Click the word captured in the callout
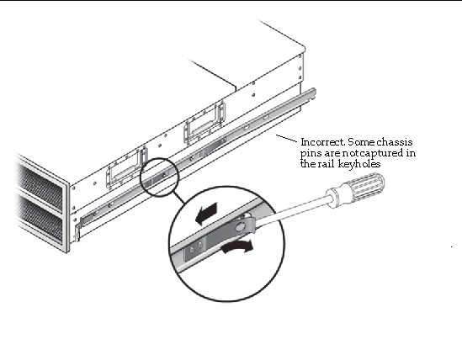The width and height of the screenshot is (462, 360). pyautogui.click(x=381, y=153)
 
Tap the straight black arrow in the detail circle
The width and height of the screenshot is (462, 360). pyautogui.click(x=207, y=213)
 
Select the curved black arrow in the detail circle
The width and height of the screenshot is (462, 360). pyautogui.click(x=237, y=247)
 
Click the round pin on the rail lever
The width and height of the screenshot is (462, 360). pyautogui.click(x=240, y=227)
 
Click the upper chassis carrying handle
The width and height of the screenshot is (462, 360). pyautogui.click(x=204, y=123)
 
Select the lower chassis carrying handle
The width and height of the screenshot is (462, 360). pyautogui.click(x=126, y=168)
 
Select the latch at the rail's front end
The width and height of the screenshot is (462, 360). pyautogui.click(x=86, y=220)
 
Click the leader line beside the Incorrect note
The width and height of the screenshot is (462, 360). pyautogui.click(x=286, y=138)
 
